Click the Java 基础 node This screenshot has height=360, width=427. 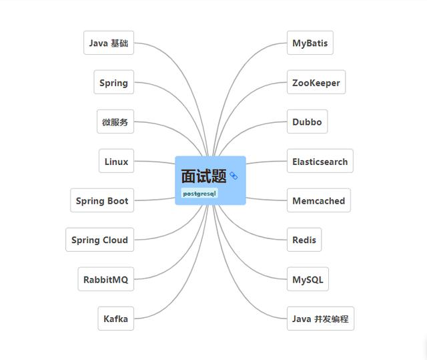[x=109, y=43]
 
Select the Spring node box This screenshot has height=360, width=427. [x=113, y=83]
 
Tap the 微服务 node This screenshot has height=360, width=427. [x=115, y=122]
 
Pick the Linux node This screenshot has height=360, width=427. [x=116, y=162]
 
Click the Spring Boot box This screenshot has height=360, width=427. [x=102, y=200]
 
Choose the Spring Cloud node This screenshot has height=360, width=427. [x=99, y=240]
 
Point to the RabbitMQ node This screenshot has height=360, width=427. [x=105, y=279]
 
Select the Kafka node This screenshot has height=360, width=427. [x=115, y=319]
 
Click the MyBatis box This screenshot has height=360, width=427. [x=310, y=43]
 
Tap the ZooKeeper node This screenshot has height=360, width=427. [x=316, y=83]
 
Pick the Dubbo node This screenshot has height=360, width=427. [x=307, y=122]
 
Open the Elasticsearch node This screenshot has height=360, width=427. [x=320, y=162]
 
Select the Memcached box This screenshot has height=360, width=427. [x=318, y=200]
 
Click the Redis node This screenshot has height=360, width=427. [x=304, y=240]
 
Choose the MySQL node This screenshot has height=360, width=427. [x=308, y=279]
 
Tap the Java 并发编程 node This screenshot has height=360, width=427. [x=320, y=319]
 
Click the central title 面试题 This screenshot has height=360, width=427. [x=203, y=176]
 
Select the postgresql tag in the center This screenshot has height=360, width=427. [x=199, y=194]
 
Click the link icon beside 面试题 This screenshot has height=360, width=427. [x=234, y=176]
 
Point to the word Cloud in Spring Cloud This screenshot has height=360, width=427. [x=115, y=240]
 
